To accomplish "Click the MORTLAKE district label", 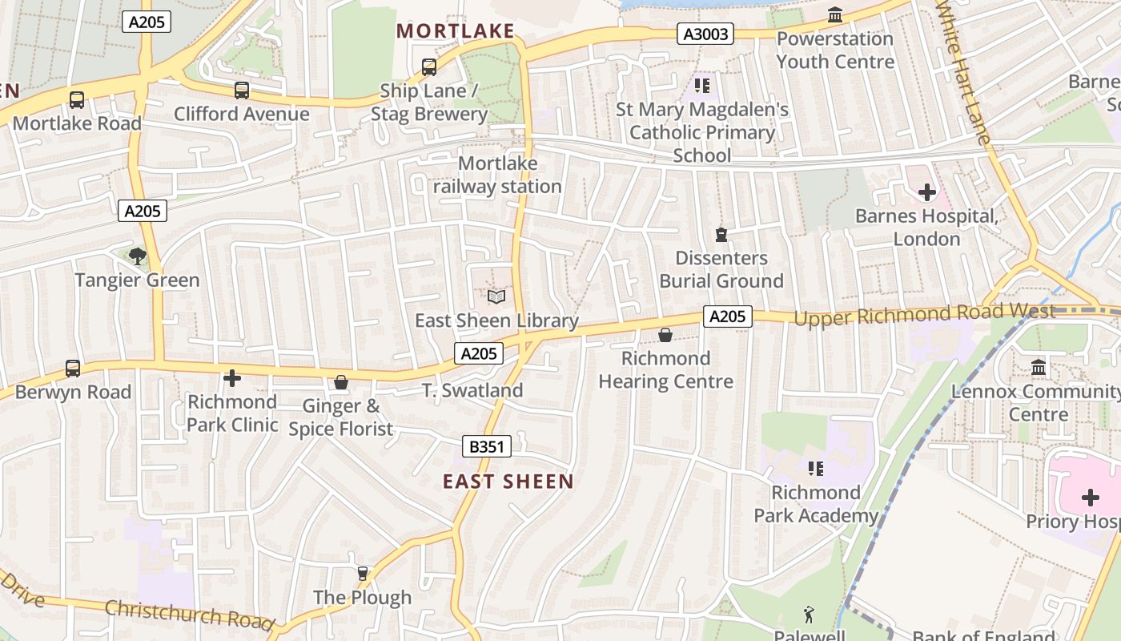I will [x=455, y=31].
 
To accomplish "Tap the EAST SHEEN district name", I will [x=508, y=482].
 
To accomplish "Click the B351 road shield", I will [x=487, y=446].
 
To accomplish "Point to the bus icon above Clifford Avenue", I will [x=242, y=91].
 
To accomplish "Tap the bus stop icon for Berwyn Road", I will [x=73, y=369].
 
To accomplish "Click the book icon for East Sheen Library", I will [x=496, y=297].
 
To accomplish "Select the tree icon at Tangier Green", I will [x=138, y=256].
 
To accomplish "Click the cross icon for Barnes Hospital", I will [x=927, y=192].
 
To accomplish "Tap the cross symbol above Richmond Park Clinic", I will [x=232, y=377].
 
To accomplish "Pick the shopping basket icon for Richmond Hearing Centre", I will [x=665, y=335].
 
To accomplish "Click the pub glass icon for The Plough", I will [x=363, y=573].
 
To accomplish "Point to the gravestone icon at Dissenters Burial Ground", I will [x=721, y=235].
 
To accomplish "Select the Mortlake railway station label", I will [x=497, y=175].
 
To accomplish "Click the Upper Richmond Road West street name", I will [x=924, y=314].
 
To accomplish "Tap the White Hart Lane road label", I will [x=964, y=72].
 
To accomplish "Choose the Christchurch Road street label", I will [x=190, y=614].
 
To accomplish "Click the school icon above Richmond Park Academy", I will [x=815, y=469].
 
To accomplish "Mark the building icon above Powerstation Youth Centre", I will [x=835, y=15].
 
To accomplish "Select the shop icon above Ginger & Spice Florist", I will [x=341, y=383].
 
